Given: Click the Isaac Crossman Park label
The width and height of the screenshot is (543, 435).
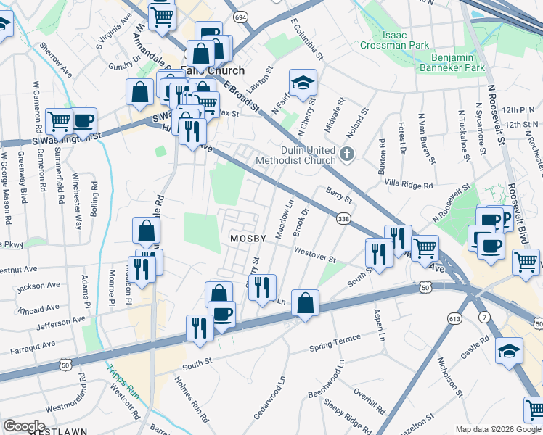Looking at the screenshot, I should tap(394, 40).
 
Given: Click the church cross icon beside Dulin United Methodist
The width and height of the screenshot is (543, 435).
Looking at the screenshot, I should tap(348, 154).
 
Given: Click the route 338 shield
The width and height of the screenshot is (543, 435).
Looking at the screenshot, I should tap(344, 218).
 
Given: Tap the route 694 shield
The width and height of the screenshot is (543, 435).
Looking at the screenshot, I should tap(240, 16).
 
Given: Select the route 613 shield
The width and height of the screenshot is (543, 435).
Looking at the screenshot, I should tap(455, 298).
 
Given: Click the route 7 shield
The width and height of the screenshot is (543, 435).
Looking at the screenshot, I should tap(484, 317).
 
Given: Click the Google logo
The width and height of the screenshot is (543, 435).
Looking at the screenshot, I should tap(24, 426).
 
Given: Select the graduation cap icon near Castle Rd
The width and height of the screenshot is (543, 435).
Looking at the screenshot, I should tap(509, 351).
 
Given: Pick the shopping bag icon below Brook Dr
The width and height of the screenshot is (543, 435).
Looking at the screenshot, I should tap(306, 302).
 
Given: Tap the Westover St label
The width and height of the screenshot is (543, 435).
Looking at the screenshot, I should tap(314, 259).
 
